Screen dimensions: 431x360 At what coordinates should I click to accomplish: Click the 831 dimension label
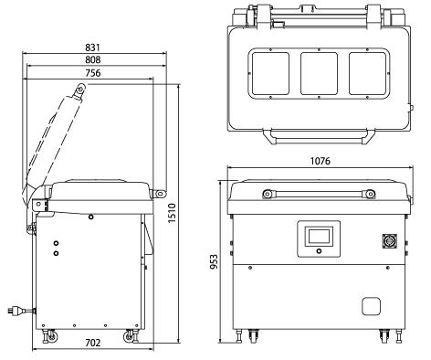[x=92, y=48]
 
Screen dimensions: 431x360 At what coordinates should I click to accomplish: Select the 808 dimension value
[x=92, y=59]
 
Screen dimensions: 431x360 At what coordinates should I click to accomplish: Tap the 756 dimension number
[x=92, y=73]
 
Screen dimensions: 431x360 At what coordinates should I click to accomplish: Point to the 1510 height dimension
[x=173, y=214]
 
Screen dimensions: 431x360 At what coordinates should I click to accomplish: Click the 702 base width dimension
[x=92, y=343]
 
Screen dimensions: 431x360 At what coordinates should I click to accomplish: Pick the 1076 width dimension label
[x=320, y=161]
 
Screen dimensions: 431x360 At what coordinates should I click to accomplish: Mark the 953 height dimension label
[x=215, y=262]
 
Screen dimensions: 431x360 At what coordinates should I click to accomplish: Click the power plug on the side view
[x=19, y=311]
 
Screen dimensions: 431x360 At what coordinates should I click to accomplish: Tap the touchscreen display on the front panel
[x=319, y=237]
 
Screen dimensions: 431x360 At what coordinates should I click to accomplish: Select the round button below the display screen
[x=319, y=251]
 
